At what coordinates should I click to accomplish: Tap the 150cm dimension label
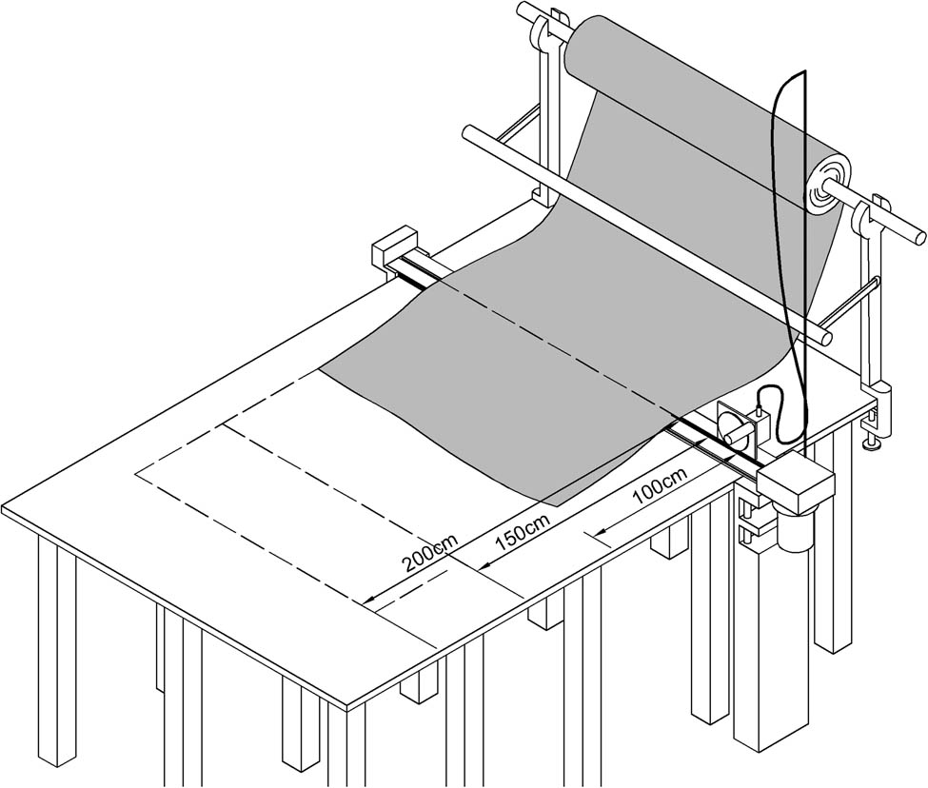[x=523, y=535]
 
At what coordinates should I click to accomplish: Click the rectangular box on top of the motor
[x=798, y=481]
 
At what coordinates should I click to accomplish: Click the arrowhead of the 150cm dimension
[x=484, y=567]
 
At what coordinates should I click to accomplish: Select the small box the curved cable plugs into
[x=760, y=424]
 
